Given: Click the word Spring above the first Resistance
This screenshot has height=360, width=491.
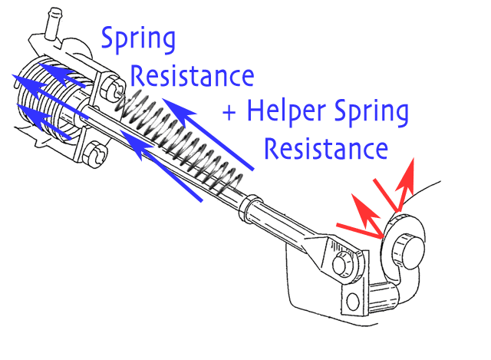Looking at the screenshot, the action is (138, 40).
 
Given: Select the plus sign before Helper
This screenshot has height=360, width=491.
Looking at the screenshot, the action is (229, 112).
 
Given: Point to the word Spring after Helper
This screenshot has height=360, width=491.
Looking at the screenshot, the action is (371, 112).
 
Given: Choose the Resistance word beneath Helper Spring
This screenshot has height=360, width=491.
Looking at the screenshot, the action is (326, 148).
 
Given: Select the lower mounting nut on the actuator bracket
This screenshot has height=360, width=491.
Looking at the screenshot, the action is (94, 153).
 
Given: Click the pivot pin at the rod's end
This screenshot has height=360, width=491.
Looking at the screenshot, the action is (342, 264).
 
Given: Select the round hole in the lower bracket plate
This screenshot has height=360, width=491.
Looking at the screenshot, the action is (353, 301).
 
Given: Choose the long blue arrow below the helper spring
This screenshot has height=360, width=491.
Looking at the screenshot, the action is (162, 166).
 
